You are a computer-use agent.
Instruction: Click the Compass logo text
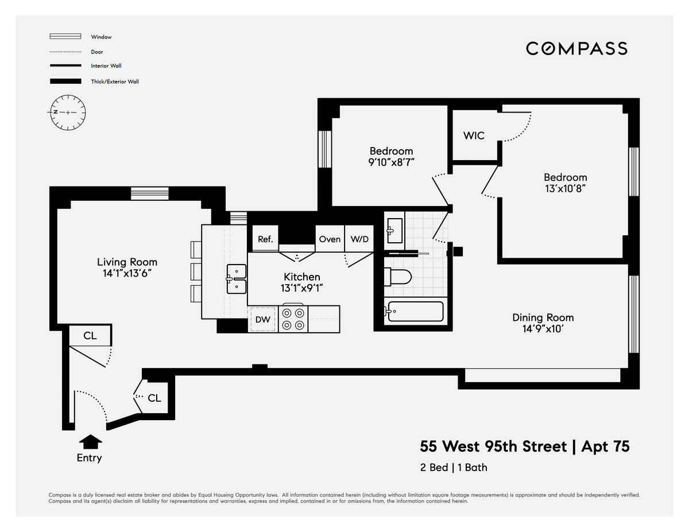(576, 48)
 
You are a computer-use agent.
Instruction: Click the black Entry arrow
(90, 441)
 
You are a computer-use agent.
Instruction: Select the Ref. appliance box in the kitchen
(265, 239)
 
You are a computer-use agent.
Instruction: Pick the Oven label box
(330, 239)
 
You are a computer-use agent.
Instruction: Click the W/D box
(359, 239)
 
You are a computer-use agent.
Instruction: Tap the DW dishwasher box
(263, 319)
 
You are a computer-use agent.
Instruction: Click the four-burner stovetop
(293, 319)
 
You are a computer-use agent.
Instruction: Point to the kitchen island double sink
(236, 279)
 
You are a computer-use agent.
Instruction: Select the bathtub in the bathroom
(415, 312)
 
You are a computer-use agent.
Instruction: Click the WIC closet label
(474, 136)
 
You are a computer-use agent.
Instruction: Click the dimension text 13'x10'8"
(565, 188)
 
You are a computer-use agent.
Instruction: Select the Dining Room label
(543, 317)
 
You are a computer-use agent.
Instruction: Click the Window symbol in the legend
(65, 37)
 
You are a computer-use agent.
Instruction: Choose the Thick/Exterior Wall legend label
(115, 81)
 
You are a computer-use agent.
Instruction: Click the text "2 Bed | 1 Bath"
(454, 467)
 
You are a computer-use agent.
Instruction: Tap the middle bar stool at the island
(196, 270)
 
